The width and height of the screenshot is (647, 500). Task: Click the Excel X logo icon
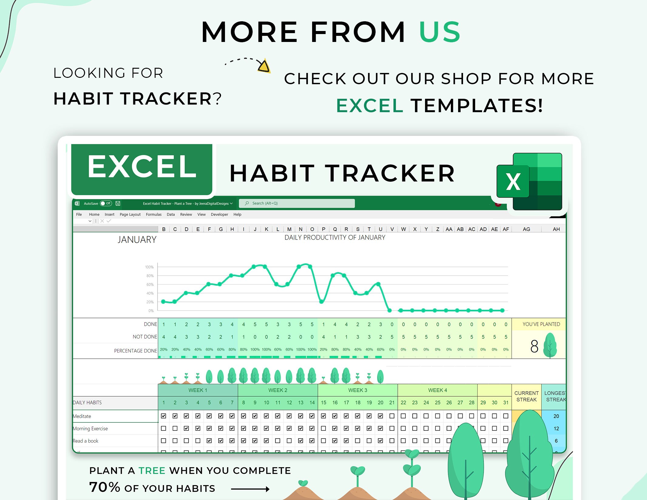[529, 181]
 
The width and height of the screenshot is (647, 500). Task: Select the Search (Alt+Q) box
[297, 203]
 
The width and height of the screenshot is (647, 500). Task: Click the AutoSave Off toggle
[106, 203]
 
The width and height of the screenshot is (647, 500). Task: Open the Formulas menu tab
[154, 214]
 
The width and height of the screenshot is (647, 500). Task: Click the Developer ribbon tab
[219, 214]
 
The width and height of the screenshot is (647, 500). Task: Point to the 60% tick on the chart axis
[150, 284]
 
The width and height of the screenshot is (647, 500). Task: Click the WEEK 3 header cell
[357, 390]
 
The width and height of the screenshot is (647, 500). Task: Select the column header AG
[526, 229]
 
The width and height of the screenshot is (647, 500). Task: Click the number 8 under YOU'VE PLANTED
[534, 346]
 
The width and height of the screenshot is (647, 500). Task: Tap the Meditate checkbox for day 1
[164, 416]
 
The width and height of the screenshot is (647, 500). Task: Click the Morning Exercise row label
[90, 428]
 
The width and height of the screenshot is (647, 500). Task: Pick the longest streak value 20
[556, 416]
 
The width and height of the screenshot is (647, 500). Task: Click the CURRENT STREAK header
[526, 396]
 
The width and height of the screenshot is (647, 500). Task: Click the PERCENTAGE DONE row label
[135, 350]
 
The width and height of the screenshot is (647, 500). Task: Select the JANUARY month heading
[137, 240]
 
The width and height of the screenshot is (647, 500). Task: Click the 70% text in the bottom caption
[104, 487]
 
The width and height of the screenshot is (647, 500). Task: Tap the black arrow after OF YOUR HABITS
[250, 489]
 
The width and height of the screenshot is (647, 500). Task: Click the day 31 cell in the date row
[506, 402]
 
